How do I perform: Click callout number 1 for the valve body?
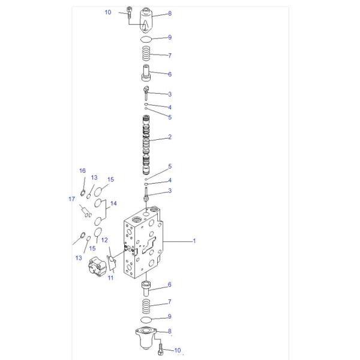(x=194, y=241)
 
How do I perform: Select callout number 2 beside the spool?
(x=170, y=137)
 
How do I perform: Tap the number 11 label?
(x=110, y=278)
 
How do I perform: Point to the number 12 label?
(x=104, y=240)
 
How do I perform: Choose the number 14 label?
(x=113, y=203)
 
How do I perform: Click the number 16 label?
(x=83, y=171)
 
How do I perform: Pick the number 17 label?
(x=71, y=199)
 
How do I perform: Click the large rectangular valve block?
(x=144, y=246)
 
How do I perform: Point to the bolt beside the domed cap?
(x=130, y=12)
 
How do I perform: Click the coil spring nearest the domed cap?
(x=146, y=56)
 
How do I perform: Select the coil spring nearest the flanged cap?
(x=146, y=304)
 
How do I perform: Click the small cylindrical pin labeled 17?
(x=85, y=210)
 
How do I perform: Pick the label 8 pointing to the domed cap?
(x=170, y=13)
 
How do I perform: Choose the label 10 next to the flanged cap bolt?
(x=178, y=350)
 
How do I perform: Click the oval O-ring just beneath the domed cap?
(x=146, y=39)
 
